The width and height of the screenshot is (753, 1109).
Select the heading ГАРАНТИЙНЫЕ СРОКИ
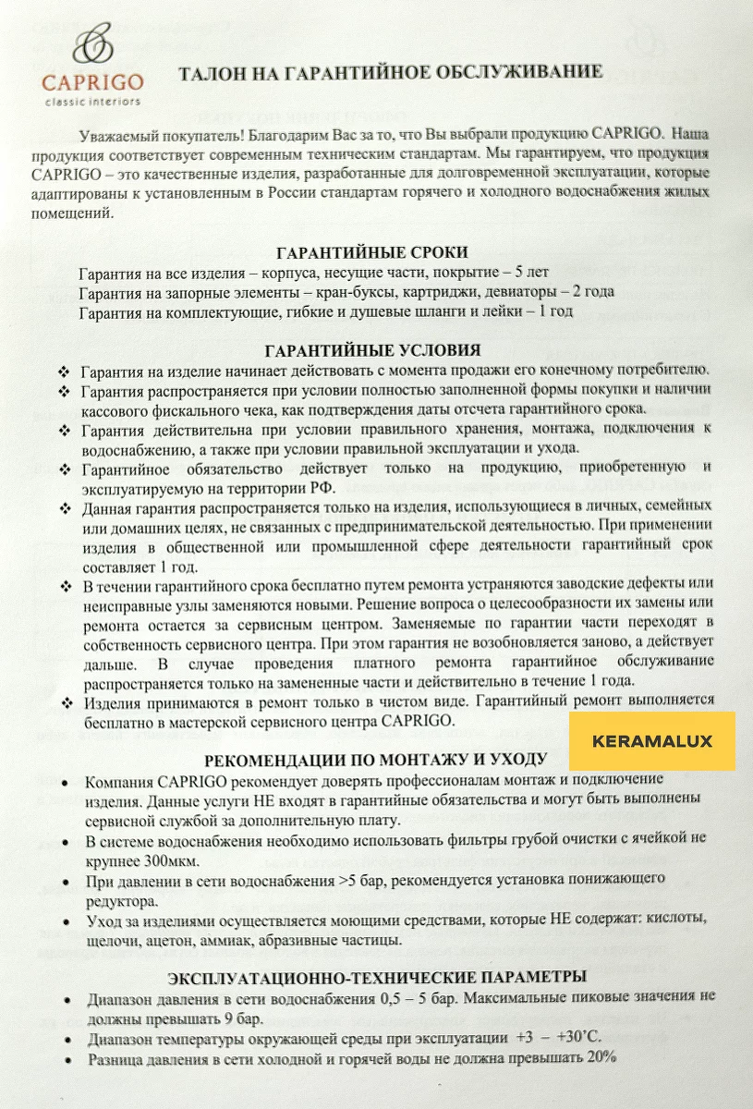(372, 253)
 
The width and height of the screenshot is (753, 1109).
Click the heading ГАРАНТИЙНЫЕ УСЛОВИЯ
(372, 351)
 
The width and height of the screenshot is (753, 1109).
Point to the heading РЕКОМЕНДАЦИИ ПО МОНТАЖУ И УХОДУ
(375, 760)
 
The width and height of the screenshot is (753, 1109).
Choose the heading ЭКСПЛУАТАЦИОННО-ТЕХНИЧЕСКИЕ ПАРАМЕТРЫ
(376, 977)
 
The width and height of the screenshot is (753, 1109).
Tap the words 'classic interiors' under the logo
(92, 101)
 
